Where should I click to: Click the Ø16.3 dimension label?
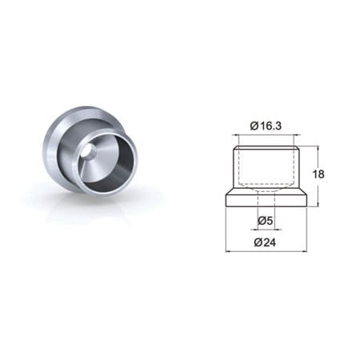click(266, 126)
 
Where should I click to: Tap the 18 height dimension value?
click(318, 174)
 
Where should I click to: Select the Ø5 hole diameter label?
click(266, 221)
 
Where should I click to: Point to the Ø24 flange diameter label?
click(265, 242)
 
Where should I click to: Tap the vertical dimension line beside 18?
click(318, 176)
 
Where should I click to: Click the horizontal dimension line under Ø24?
click(266, 251)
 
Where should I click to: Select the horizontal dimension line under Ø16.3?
click(266, 135)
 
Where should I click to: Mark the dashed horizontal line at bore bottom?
click(266, 184)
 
